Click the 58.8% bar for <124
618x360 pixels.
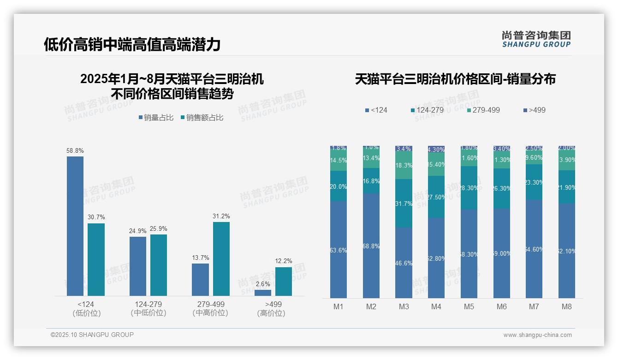pyautogui.click(x=75, y=226)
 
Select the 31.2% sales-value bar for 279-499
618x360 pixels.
pyautogui.click(x=221, y=259)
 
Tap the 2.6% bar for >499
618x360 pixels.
pyautogui.click(x=263, y=293)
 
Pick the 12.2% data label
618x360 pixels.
pyautogui.click(x=284, y=261)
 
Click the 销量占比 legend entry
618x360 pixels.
pyautogui.click(x=156, y=118)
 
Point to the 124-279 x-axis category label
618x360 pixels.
pyautogui.click(x=149, y=305)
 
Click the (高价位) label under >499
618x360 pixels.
pyautogui.click(x=271, y=313)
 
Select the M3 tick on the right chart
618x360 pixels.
pyautogui.click(x=404, y=306)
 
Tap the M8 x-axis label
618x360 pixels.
pyautogui.click(x=567, y=306)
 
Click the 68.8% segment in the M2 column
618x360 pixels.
pyautogui.click(x=371, y=246)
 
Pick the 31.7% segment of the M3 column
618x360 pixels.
pyautogui.click(x=404, y=203)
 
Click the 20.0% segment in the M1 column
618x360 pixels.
pyautogui.click(x=339, y=186)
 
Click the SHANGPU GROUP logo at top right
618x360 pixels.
pyautogui.click(x=536, y=39)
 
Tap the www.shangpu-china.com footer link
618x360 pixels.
pyautogui.click(x=537, y=335)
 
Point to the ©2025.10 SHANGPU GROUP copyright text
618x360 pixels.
pyautogui.click(x=92, y=335)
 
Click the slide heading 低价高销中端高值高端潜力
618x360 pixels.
pyautogui.click(x=132, y=44)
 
